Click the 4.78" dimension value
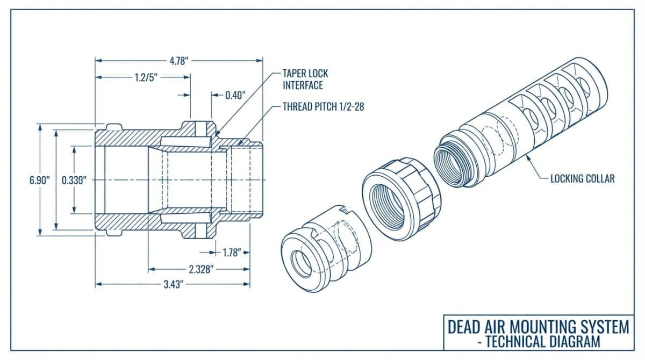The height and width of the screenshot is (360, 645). click(179, 61)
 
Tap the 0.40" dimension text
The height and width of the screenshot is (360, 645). click(235, 95)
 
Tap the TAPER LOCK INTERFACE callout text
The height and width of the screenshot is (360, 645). click(305, 79)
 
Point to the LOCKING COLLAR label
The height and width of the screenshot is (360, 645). click(582, 178)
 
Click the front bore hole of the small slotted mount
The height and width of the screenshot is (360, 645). click(302, 263)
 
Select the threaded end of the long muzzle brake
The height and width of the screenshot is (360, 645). click(454, 161)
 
